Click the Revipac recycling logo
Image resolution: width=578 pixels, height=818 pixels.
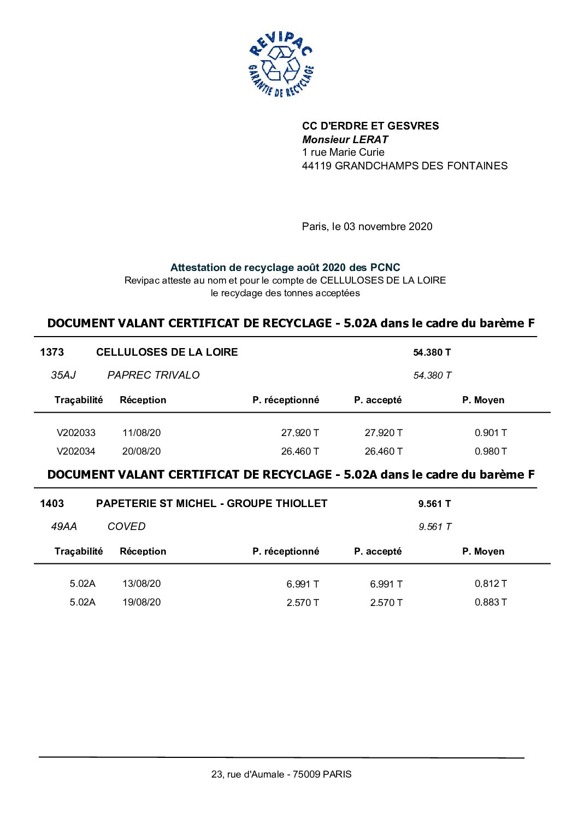coord(281,64)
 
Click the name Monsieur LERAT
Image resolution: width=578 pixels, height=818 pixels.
coord(345,139)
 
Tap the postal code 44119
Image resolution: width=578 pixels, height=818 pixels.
coord(317,166)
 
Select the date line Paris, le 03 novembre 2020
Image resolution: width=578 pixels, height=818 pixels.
coord(367,226)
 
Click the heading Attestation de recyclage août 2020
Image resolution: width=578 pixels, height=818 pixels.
coord(285,267)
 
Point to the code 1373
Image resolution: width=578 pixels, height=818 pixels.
coord(52,352)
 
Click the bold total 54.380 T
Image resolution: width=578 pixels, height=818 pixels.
coord(432,352)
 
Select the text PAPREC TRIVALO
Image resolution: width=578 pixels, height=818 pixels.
coord(154,375)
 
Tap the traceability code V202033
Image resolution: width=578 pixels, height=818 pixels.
coord(76,433)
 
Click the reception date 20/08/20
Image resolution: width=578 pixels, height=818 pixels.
coord(141,451)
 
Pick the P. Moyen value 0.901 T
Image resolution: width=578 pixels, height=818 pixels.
coord(491,433)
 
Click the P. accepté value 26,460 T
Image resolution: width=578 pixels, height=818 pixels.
coord(384,451)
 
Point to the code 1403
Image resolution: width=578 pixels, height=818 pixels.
coord(52,503)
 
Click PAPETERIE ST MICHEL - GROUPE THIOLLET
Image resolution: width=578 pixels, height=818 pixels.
coord(211,503)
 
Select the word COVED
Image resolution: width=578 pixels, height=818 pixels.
coord(126,526)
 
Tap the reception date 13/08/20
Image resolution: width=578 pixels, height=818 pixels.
coord(141,584)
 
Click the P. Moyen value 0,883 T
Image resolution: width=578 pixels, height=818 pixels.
coord(491,602)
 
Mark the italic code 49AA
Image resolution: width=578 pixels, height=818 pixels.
coord(64,526)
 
